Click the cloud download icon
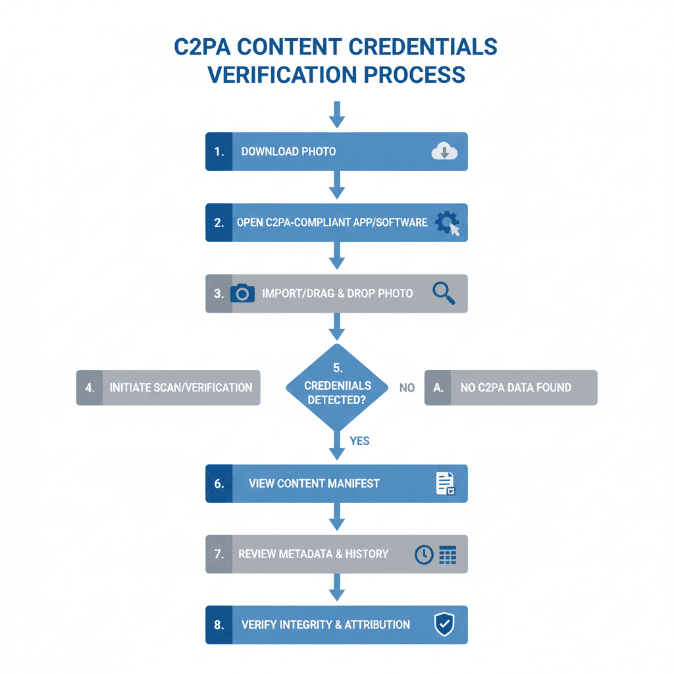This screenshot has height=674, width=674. (x=444, y=152)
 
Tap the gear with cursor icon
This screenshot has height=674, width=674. (x=448, y=223)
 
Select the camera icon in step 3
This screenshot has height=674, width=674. (x=242, y=293)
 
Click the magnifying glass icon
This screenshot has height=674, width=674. (x=444, y=293)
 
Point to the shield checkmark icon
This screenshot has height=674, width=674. (x=444, y=625)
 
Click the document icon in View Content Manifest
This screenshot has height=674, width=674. (x=445, y=484)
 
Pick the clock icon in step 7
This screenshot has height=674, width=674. (x=424, y=554)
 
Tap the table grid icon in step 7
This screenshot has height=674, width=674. (x=448, y=554)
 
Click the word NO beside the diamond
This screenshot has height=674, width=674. (x=407, y=388)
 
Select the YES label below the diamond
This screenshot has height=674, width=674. (x=359, y=441)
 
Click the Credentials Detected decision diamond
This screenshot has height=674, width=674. (x=337, y=387)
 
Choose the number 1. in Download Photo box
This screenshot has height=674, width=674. (x=219, y=151)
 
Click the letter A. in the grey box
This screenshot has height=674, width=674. (x=438, y=388)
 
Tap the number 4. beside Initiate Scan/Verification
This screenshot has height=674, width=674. (x=90, y=388)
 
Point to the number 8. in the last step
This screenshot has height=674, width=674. (x=219, y=625)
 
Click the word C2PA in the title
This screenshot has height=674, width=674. (x=211, y=48)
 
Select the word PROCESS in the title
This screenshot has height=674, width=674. (x=415, y=74)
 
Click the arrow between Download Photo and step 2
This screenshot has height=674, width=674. (x=337, y=184)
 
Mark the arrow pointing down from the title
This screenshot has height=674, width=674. (x=337, y=115)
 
